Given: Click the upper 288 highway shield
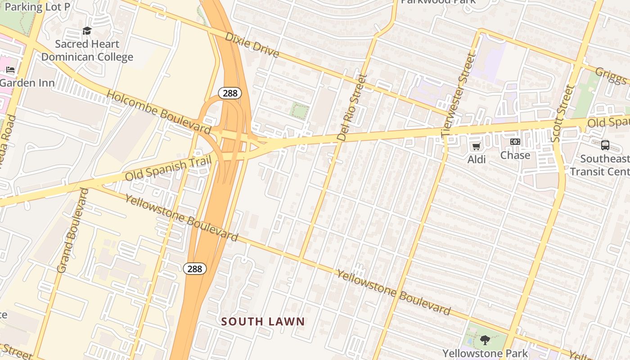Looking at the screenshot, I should [x=230, y=93].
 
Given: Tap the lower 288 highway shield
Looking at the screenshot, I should [x=194, y=269].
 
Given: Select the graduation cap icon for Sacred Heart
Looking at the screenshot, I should [x=87, y=31].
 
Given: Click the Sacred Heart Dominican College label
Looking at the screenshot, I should [x=87, y=50].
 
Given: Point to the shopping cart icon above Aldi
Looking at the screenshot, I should [x=476, y=146].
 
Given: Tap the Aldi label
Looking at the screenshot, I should [x=476, y=159].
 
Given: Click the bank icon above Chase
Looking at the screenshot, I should [x=515, y=142].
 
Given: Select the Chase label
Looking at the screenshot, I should [x=515, y=155].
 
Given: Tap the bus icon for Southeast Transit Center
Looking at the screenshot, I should [x=605, y=145].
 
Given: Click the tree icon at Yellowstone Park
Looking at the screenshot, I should [x=485, y=340].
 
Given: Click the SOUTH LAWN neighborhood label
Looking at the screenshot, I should [x=263, y=321].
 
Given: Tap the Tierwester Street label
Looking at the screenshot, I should [x=459, y=95].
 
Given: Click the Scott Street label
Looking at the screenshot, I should [x=563, y=113].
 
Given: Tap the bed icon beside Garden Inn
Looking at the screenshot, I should [x=10, y=70].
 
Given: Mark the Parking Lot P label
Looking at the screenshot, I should [x=37, y=7].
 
